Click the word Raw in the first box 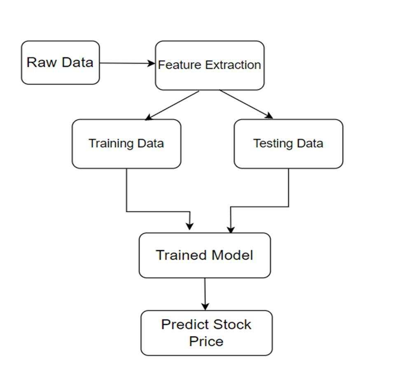(x=40, y=63)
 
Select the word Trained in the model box (x=181, y=255)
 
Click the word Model (x=232, y=255)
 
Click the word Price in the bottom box (x=206, y=341)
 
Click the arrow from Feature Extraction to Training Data (x=172, y=105)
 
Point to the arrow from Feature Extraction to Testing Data (x=246, y=104)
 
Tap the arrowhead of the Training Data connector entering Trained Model (x=189, y=226)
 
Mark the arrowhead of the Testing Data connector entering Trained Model (x=231, y=230)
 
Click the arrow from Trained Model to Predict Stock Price (x=205, y=294)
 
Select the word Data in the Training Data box (x=151, y=144)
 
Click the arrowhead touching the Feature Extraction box (x=151, y=63)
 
